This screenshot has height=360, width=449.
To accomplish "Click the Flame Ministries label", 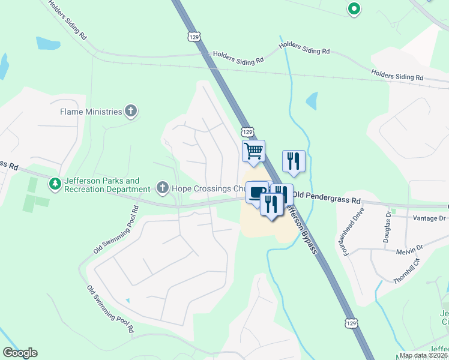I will (x=90, y=111).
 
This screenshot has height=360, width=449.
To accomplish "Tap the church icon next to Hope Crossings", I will (x=161, y=188).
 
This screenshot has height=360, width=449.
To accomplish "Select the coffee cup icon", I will (x=257, y=192).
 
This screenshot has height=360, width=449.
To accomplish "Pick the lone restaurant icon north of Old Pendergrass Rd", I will (x=294, y=160).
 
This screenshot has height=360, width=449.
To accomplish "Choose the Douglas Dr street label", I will (x=388, y=226).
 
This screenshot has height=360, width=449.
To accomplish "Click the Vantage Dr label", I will (x=426, y=218).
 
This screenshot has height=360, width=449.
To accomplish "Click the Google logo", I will (x=20, y=353).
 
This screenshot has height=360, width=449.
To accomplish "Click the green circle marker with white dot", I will (x=354, y=8).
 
